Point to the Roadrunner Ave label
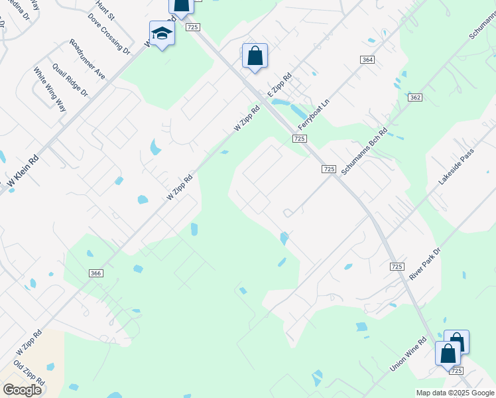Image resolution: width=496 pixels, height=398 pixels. coord(87,59)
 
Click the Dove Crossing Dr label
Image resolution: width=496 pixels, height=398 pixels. coord(108,34)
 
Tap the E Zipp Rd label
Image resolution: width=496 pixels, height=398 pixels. coord(280,86)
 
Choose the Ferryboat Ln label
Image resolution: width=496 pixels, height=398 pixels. coord(314,114)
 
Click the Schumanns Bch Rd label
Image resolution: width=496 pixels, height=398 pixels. coord(365,149)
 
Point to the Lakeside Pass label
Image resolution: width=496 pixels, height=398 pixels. coord(458,166)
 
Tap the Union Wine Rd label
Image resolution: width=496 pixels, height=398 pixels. coord(408,355)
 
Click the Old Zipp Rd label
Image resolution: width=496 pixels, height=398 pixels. coord(29,373)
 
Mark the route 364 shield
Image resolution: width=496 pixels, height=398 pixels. coord(367,60)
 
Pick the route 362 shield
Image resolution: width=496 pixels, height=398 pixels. coord(415,98)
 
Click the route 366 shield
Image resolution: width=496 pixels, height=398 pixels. coord(95,273)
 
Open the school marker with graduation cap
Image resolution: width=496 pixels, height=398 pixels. coord(161,34)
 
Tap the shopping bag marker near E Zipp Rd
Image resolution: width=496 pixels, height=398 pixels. coord(255,56)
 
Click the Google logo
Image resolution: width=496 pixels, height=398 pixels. coord(22,389)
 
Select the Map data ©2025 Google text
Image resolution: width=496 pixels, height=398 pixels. coord(454,393)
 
